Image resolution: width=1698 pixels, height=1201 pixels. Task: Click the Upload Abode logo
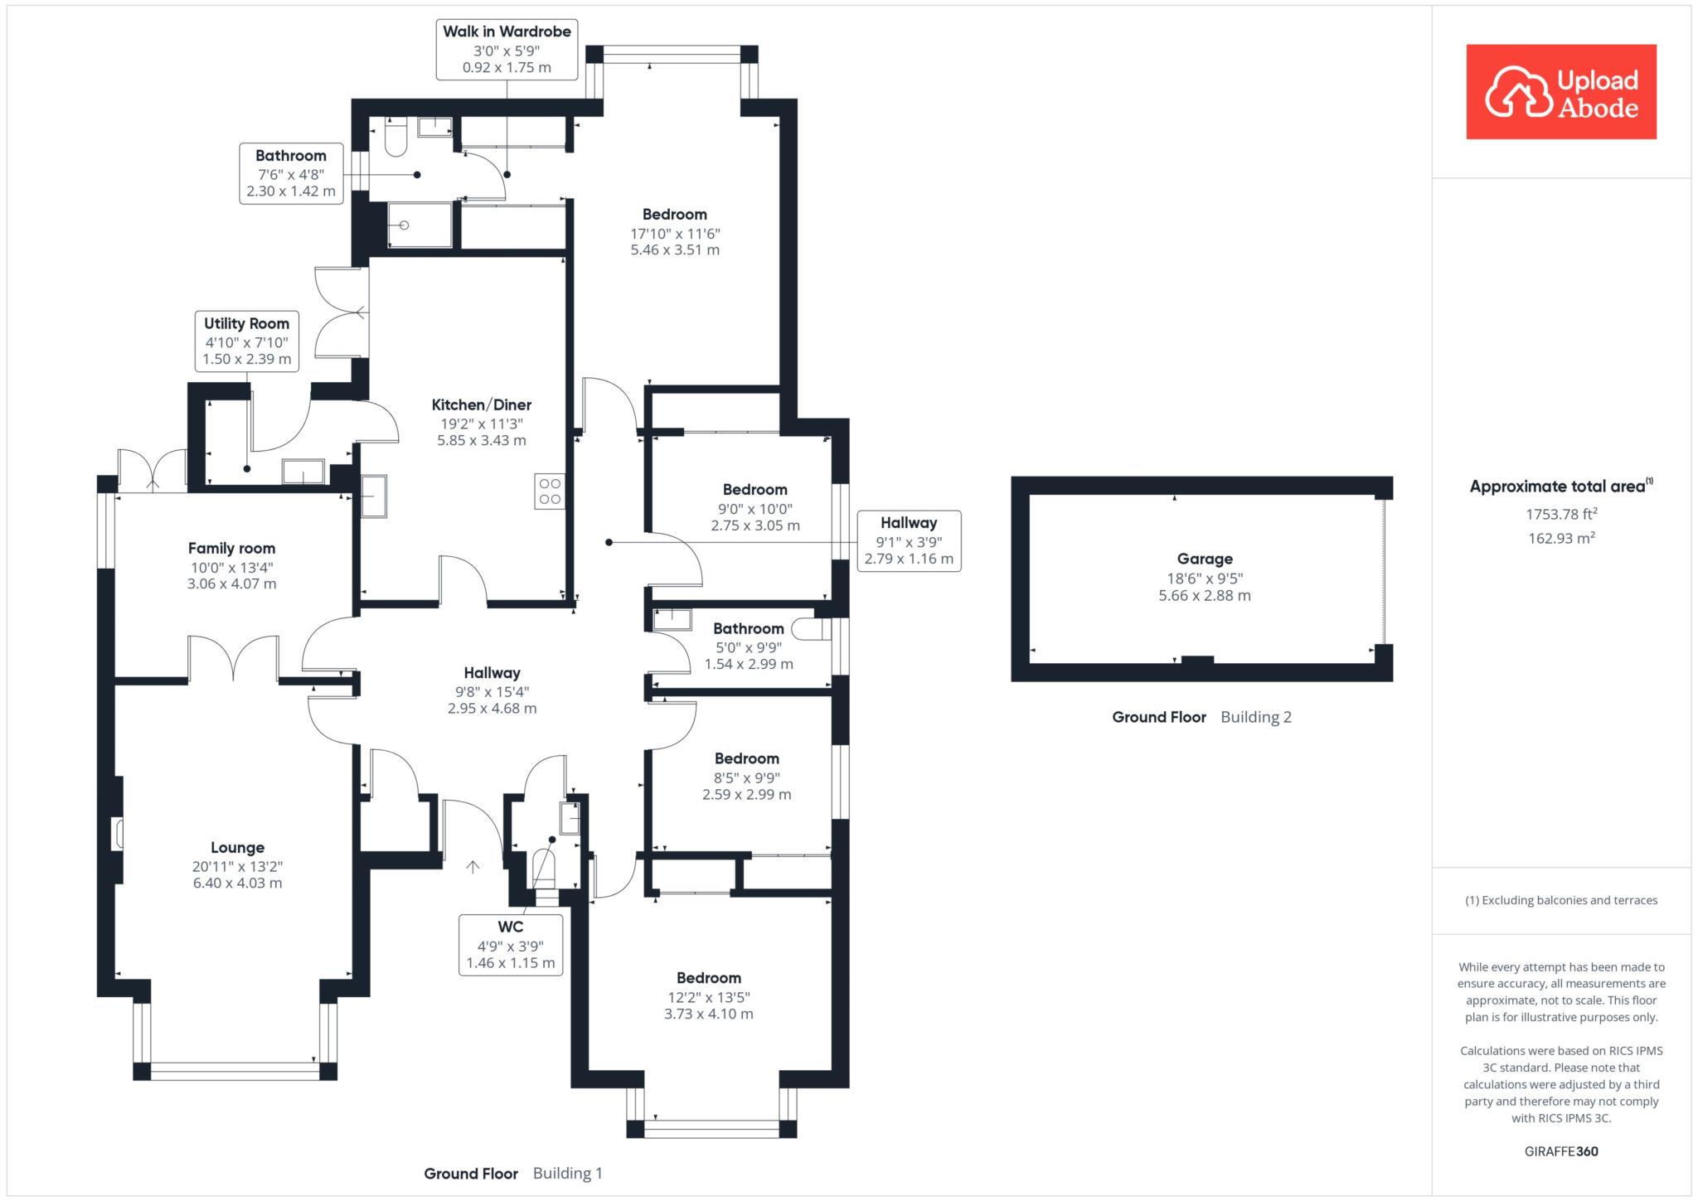click(1560, 92)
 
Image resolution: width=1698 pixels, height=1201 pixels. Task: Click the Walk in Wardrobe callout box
click(507, 50)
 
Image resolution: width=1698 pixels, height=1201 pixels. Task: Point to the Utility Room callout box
click(246, 341)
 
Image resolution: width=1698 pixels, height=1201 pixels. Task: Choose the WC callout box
click(511, 944)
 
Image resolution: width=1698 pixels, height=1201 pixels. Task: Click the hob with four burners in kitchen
click(550, 492)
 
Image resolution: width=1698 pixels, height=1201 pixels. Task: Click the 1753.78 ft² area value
click(1561, 514)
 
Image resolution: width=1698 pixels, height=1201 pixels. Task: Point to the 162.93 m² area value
click(1561, 538)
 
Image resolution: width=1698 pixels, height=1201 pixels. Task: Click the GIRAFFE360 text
click(1561, 1151)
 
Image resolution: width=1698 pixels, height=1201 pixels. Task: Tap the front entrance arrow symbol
click(473, 867)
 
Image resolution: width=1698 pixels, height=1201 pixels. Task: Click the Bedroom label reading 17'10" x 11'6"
click(675, 232)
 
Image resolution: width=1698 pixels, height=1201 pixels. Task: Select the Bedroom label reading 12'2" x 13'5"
click(708, 995)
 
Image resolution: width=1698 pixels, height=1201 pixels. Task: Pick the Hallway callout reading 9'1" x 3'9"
click(909, 540)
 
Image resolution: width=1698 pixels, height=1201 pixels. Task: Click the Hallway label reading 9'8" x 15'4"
click(492, 690)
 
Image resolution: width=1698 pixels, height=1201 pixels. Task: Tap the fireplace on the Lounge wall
click(117, 834)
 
